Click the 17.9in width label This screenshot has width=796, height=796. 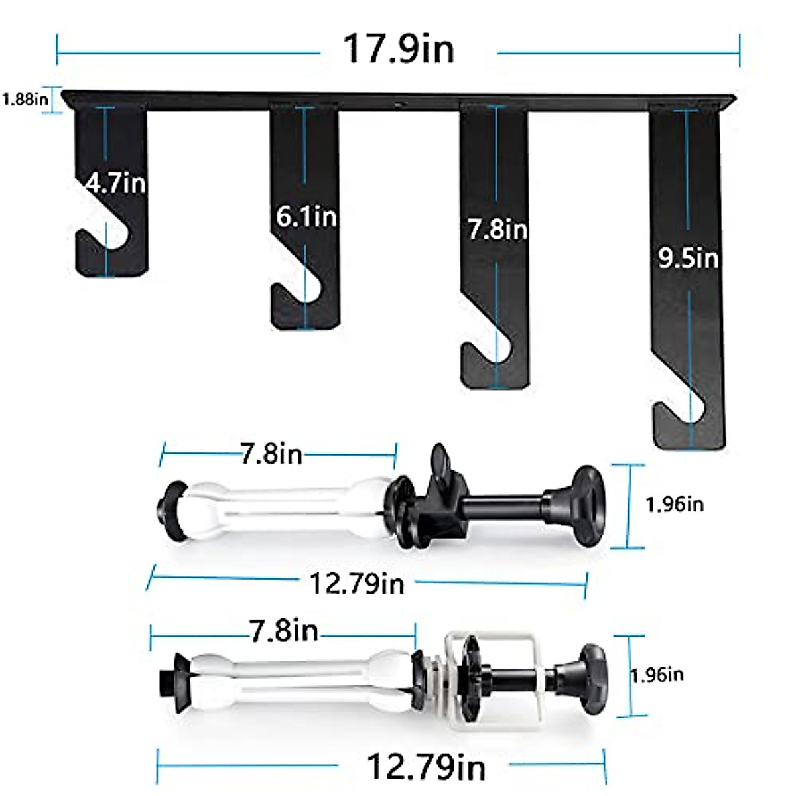click(x=399, y=49)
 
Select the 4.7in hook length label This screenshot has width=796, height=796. click(x=115, y=183)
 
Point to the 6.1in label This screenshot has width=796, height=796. click(x=306, y=216)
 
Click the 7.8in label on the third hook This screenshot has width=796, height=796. click(x=497, y=230)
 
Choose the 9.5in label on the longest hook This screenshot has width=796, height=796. click(x=688, y=259)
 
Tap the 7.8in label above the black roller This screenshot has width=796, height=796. click(x=271, y=454)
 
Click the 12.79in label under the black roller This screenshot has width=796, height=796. click(x=357, y=584)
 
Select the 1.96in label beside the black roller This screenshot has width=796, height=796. click(x=675, y=504)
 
